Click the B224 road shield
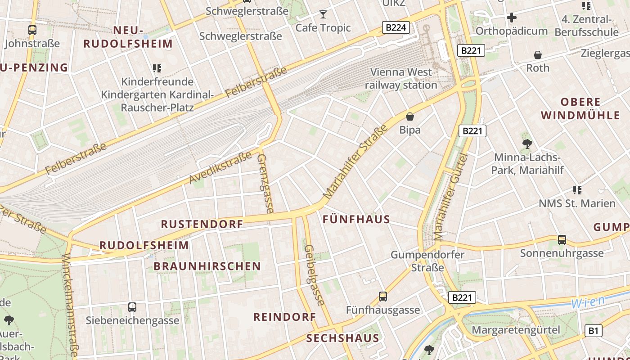(x=396, y=27)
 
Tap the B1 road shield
(x=594, y=331)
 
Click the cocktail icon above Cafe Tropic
(x=323, y=14)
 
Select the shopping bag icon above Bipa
(x=410, y=117)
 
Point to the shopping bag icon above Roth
(x=538, y=55)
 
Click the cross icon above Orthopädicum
(x=511, y=18)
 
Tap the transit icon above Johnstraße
(x=32, y=30)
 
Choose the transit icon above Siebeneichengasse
(x=132, y=307)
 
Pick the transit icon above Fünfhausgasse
(x=383, y=297)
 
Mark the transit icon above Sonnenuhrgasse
(x=562, y=240)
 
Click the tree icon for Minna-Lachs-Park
(x=527, y=144)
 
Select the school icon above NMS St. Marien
(x=577, y=190)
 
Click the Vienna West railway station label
(x=400, y=78)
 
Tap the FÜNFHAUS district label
(x=356, y=219)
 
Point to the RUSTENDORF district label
(x=202, y=224)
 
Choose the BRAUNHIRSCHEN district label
(x=207, y=266)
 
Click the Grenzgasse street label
(x=265, y=184)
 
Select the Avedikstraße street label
(x=220, y=167)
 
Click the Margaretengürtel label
(x=516, y=330)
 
